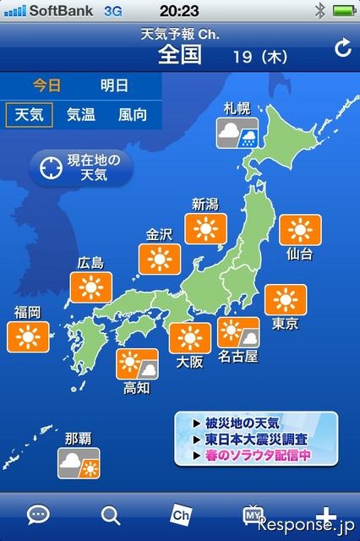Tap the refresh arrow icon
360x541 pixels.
tap(343, 49)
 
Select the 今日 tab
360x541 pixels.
tap(47, 85)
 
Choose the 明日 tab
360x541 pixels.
tap(114, 85)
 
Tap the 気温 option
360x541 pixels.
tap(81, 114)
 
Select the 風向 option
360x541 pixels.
tap(132, 114)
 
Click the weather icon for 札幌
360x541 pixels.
tap(237, 133)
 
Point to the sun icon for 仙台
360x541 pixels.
tap(299, 230)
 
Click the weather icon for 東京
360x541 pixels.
tap(286, 300)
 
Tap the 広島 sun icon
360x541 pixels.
tap(90, 287)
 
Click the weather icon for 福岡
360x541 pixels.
tap(27, 336)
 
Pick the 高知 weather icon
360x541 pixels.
tap(138, 364)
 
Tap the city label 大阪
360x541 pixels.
tap(189, 362)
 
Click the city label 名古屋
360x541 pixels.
tap(237, 356)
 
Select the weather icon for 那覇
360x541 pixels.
tap(78, 464)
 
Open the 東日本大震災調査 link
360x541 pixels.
tap(255, 440)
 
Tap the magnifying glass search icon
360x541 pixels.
tap(110, 514)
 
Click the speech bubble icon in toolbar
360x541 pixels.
tap(38, 514)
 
